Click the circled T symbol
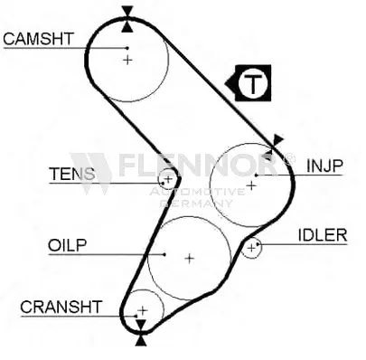[257, 84]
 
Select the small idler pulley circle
[251, 246]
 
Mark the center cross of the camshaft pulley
[127, 60]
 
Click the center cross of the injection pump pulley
[252, 185]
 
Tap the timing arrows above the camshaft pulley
[127, 13]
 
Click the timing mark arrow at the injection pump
[277, 142]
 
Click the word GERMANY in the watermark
[211, 204]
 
